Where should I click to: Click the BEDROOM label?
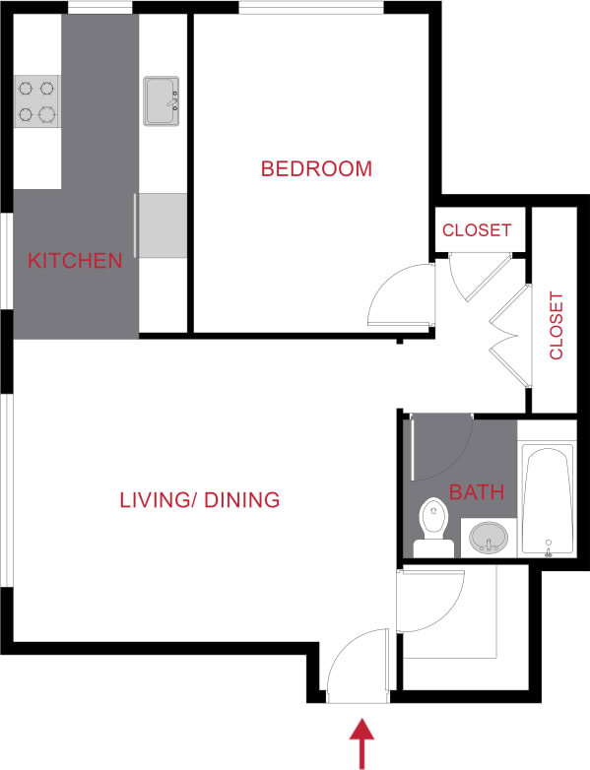click(x=316, y=168)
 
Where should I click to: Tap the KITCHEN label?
click(x=75, y=261)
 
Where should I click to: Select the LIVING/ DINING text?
click(x=200, y=500)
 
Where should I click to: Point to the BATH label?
click(x=477, y=491)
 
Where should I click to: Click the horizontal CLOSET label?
click(x=477, y=230)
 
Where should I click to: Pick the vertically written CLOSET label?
click(x=557, y=325)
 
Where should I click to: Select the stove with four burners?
click(x=37, y=102)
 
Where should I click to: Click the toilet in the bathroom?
click(x=433, y=530)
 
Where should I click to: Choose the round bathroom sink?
click(x=489, y=538)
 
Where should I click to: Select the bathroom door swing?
click(x=441, y=448)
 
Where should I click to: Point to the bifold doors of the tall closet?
click(x=510, y=335)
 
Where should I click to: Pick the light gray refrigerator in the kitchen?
click(x=162, y=225)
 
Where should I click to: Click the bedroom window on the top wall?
click(x=310, y=9)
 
